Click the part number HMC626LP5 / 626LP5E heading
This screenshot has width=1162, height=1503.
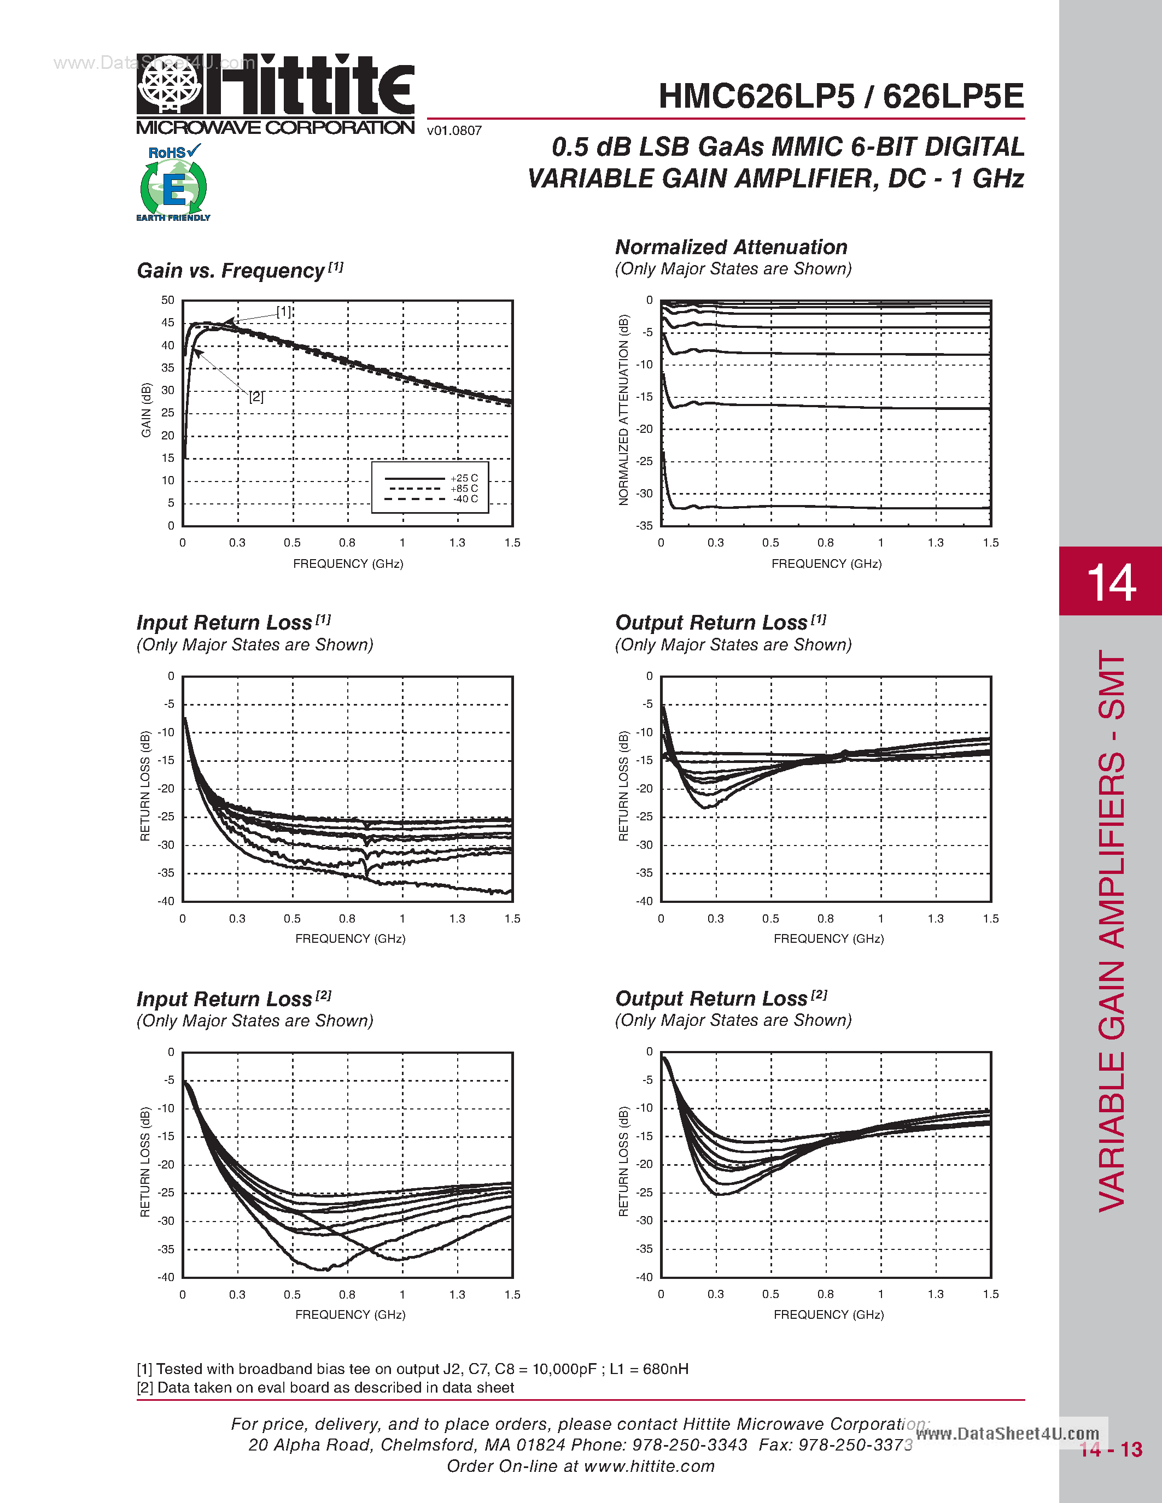[840, 96]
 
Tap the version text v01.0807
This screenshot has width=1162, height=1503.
[454, 131]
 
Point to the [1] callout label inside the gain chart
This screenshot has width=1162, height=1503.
[284, 312]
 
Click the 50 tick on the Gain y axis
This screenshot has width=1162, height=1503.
[168, 300]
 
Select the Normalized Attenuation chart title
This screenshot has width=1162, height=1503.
[731, 247]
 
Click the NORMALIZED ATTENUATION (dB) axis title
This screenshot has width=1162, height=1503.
[624, 410]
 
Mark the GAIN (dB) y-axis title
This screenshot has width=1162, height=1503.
[146, 410]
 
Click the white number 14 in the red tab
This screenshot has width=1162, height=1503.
[1111, 582]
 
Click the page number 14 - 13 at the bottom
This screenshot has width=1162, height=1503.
[1111, 1449]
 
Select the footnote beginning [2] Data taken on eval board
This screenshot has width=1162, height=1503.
[325, 1387]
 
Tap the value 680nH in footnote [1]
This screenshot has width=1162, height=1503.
[665, 1369]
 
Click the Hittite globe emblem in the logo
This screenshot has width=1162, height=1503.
[170, 83]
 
